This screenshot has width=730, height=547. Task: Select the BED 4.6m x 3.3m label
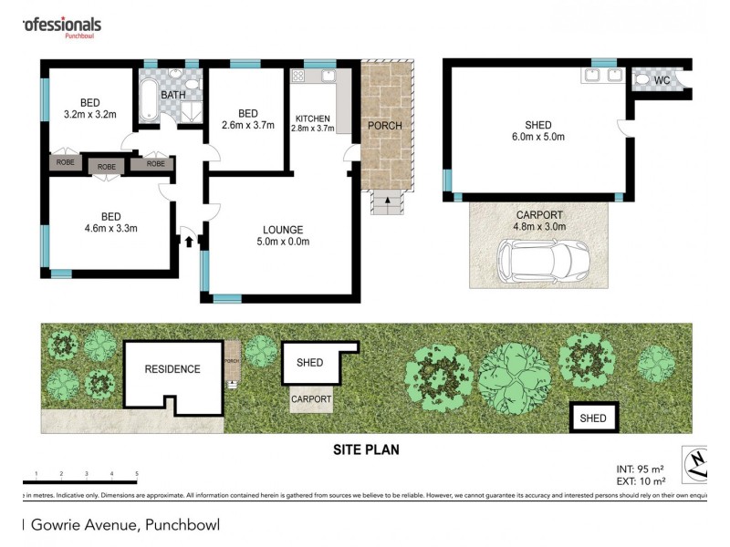click(110, 222)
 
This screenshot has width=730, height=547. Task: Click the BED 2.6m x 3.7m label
click(247, 119)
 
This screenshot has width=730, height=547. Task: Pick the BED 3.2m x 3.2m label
click(89, 108)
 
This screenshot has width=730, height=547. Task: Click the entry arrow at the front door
click(189, 242)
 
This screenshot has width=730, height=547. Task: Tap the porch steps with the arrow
click(386, 202)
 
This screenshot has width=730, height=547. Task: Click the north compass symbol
click(698, 464)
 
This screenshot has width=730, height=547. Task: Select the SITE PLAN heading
click(365, 449)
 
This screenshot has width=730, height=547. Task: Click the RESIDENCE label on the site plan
click(172, 369)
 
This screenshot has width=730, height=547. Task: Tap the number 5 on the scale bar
click(136, 474)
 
